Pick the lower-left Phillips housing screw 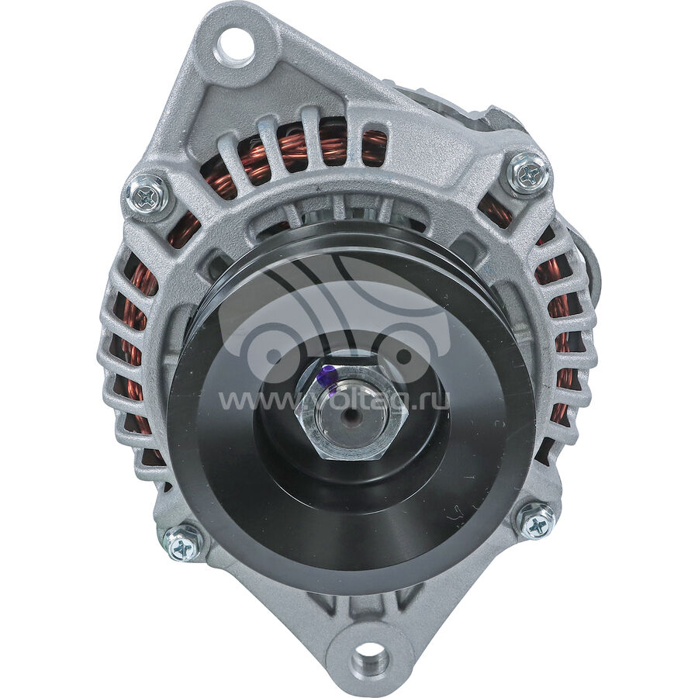182,546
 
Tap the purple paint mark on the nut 329,378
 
